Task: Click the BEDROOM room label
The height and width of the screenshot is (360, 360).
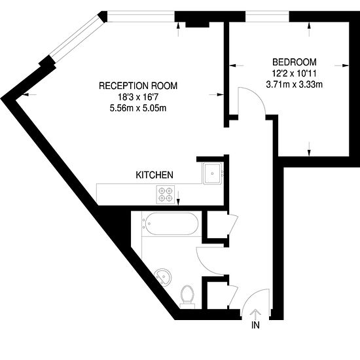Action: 295,62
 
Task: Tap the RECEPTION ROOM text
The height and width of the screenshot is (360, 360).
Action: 138,86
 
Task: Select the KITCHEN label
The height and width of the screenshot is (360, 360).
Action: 154,175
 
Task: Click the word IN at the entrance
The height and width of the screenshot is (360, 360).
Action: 255,325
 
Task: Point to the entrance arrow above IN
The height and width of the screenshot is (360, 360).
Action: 255,315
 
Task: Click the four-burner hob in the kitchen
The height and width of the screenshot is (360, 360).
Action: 166,194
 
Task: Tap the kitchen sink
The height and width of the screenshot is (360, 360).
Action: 212,173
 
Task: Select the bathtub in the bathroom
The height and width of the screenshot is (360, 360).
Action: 170,224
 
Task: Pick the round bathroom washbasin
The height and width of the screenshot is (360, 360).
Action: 163,277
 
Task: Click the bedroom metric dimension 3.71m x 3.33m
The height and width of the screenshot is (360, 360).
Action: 295,84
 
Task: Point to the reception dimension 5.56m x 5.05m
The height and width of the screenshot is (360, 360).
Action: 138,108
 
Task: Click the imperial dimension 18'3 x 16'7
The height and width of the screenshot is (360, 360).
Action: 138,97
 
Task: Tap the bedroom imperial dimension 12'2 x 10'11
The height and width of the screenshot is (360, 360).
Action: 295,73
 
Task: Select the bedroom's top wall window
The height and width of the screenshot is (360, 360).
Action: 267,16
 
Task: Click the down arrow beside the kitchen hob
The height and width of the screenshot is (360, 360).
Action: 179,198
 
